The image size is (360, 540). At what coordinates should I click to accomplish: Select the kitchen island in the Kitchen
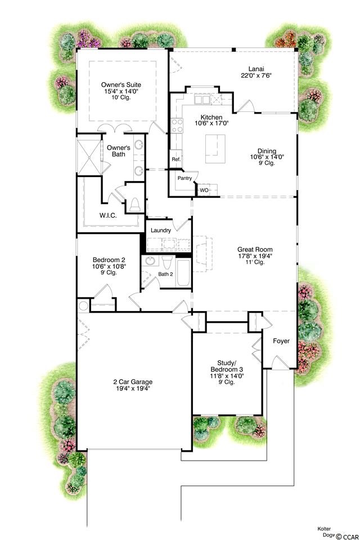pos(215,148)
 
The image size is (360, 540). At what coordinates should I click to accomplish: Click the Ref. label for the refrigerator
pos(176,159)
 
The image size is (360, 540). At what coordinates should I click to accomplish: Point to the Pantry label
pos(184,178)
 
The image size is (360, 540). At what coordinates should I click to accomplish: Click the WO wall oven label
pos(204,190)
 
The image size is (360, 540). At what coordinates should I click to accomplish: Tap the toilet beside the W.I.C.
pos(134,205)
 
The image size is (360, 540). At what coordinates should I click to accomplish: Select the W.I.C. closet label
pos(108,215)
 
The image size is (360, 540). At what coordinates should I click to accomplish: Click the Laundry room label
pos(161,230)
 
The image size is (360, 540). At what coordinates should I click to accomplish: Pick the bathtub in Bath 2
pos(183,273)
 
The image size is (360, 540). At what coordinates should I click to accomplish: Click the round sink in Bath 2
pos(150,260)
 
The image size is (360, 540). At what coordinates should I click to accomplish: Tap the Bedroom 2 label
pos(109,260)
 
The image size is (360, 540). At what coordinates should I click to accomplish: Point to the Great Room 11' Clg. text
pos(255,262)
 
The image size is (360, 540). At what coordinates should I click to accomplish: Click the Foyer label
pos(281,341)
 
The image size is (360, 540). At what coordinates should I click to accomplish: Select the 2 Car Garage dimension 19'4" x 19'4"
pos(133,388)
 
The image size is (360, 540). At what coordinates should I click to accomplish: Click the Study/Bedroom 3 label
pos(227,366)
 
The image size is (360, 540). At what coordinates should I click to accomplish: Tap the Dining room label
pos(267,151)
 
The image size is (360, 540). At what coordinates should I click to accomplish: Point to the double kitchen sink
pos(202,100)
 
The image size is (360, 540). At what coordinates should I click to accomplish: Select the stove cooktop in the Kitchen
pos(177,125)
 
